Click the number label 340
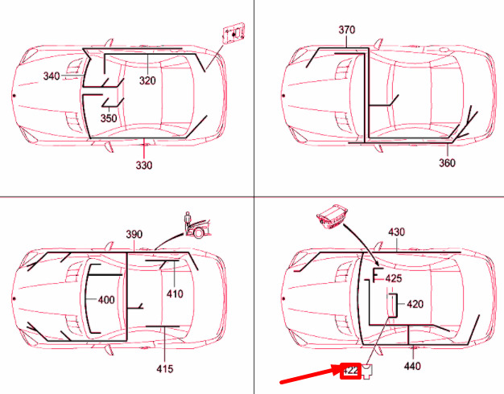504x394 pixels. coord(52,77)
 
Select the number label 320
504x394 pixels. coord(147,80)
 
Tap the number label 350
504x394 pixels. coord(109,117)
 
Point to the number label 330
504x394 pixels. coord(143,166)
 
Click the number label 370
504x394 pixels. coord(346,31)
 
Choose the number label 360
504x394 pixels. coord(447,162)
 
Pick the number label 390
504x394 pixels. coord(134,234)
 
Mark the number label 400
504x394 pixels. coord(106,300)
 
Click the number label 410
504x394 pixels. coord(175,293)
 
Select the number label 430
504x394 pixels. coord(397,232)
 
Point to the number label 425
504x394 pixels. coord(394,278)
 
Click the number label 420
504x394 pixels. coord(415,305)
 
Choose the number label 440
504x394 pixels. coord(412,366)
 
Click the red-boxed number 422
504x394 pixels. coord(350,371)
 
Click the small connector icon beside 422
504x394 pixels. coord(366,371)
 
